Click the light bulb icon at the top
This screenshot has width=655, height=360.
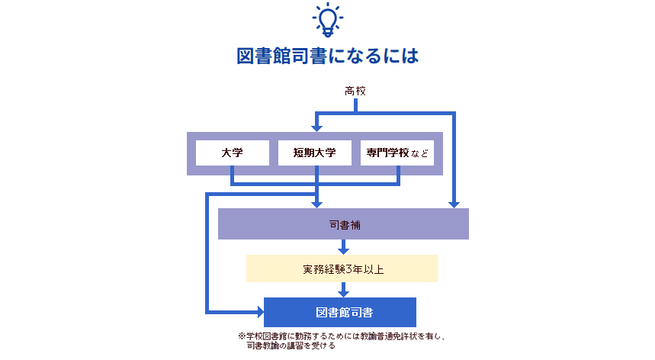pyautogui.click(x=328, y=21)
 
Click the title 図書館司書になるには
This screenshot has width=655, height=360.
pyautogui.click(x=328, y=58)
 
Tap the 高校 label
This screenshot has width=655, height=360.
pyautogui.click(x=355, y=92)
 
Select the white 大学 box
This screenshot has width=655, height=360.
pyautogui.click(x=232, y=153)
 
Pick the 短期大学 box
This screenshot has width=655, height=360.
pyautogui.click(x=314, y=153)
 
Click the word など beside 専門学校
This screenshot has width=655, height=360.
pyautogui.click(x=419, y=154)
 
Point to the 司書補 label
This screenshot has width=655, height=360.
pyautogui.click(x=343, y=225)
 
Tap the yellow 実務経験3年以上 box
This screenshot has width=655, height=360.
pyautogui.click(x=342, y=268)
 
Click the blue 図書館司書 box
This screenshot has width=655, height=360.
pyautogui.click(x=340, y=312)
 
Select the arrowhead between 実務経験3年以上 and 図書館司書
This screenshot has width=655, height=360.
pyautogui.click(x=343, y=291)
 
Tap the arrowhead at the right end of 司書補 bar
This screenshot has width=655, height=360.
pyautogui.click(x=454, y=203)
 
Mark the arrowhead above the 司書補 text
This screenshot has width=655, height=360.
pyautogui.click(x=316, y=203)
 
